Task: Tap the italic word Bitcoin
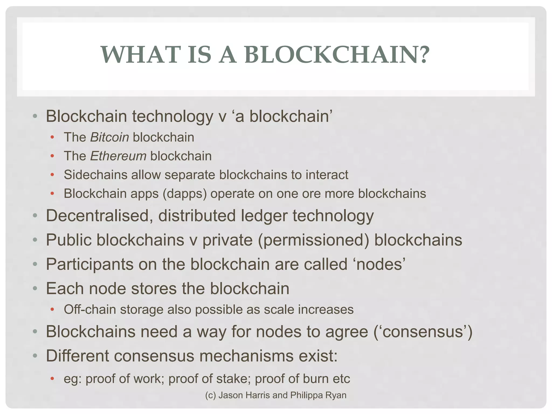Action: (x=109, y=137)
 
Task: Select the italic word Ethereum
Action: (x=118, y=156)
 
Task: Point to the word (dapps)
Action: (x=185, y=194)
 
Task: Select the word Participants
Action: (x=89, y=264)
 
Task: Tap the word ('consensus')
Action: (x=423, y=332)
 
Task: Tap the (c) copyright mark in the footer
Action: (x=211, y=395)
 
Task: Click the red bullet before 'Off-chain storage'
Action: (x=52, y=309)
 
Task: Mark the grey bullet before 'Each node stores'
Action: (x=34, y=289)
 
